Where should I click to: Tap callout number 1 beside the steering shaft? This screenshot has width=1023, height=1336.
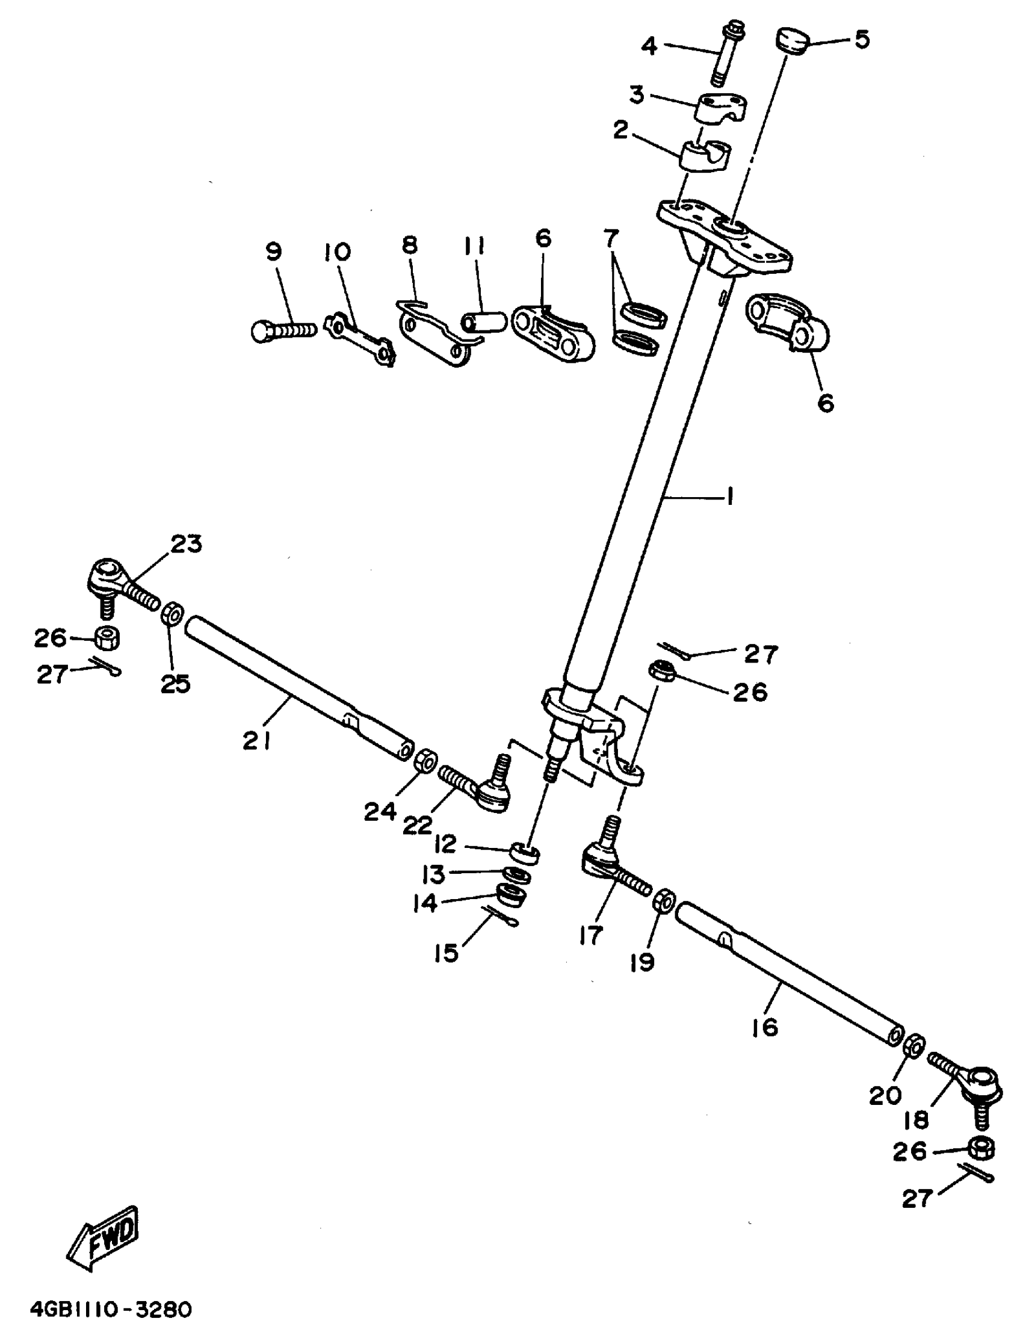[729, 497]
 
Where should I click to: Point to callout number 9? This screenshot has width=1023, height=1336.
[274, 251]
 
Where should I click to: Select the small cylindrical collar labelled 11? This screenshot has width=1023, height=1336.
[483, 321]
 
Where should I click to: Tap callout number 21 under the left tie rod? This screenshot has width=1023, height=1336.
[256, 741]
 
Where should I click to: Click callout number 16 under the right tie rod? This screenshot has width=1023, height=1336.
[765, 1028]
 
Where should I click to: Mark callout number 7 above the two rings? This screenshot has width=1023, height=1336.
[611, 237]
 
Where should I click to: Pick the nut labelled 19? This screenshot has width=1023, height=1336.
[663, 901]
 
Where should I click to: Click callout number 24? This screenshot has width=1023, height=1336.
[380, 812]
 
